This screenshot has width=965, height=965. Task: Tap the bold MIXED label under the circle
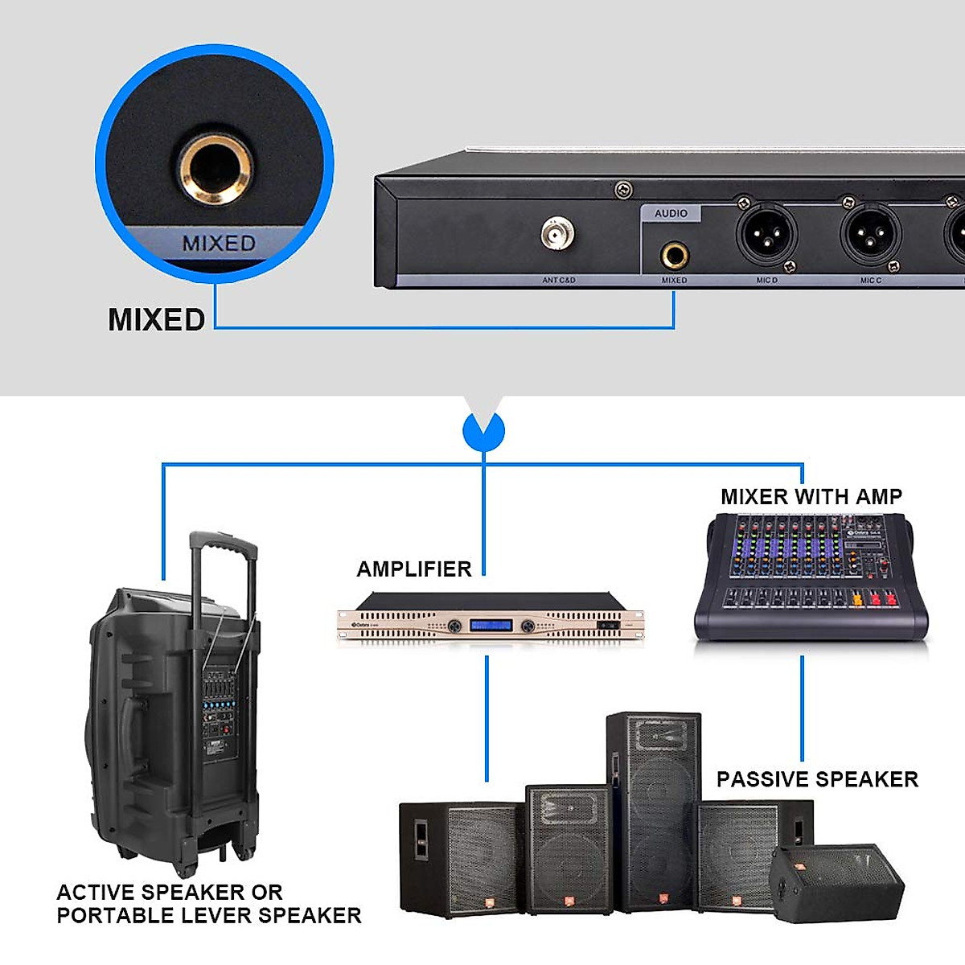pos(157,319)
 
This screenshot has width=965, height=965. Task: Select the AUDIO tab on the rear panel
pos(671,213)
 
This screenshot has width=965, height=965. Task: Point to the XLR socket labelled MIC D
pos(766,232)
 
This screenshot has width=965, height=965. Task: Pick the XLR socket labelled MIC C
pos(870,233)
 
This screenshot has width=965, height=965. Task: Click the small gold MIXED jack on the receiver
pos(674,257)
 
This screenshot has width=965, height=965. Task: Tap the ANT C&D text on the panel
pos(559,281)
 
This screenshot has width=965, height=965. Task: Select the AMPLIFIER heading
pos(414,569)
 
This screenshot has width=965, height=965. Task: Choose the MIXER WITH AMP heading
pos(811,497)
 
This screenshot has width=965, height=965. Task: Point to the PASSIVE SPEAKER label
pos(817,779)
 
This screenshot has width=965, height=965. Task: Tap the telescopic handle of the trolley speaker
pos(223,563)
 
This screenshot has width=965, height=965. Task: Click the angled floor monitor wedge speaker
pos(836,881)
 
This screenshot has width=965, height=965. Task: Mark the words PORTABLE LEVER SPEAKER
pos(209,915)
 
